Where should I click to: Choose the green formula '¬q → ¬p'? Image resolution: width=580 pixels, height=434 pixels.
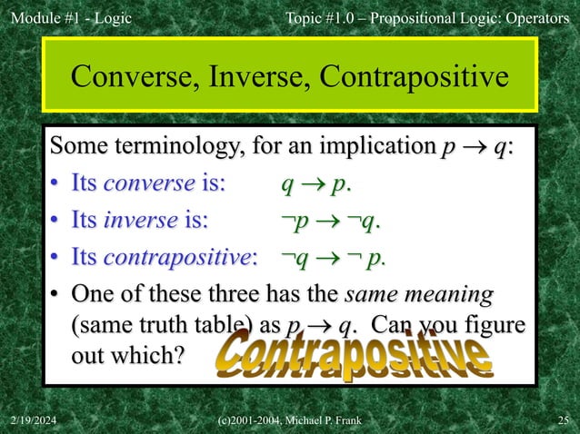click(x=333, y=257)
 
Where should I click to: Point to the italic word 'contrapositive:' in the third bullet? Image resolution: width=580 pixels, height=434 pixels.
click(x=181, y=257)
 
